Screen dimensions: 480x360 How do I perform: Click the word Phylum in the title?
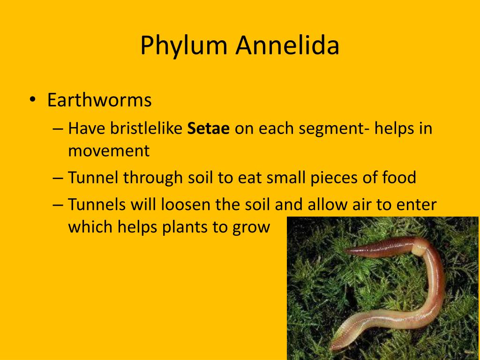click(184, 46)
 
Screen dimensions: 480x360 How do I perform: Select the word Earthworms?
click(99, 100)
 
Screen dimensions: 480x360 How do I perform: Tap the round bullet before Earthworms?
click(32, 100)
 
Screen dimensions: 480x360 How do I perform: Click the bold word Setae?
click(208, 128)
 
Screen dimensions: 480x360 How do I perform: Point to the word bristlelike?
click(146, 128)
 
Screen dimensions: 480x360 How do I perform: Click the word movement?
click(109, 151)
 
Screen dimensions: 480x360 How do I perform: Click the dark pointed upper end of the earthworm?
click(347, 251)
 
